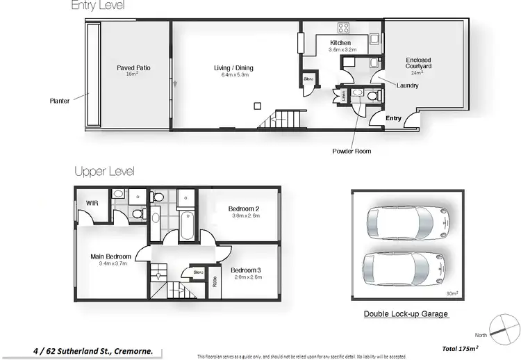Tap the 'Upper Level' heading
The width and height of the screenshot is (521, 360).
[104, 171]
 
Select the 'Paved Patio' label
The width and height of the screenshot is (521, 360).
[133, 68]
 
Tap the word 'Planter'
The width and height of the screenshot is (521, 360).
[59, 101]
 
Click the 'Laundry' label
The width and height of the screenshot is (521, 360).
[407, 85]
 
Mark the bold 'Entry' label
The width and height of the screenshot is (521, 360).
[393, 118]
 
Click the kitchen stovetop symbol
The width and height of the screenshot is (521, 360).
[343, 28]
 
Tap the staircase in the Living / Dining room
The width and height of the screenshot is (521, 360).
[281, 120]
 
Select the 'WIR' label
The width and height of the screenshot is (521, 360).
[92, 203]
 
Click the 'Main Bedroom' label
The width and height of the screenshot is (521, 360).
[110, 257]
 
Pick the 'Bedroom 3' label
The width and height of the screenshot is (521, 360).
[245, 270]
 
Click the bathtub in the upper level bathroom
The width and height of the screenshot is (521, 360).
[186, 226]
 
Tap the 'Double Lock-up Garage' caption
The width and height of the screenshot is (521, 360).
[406, 314]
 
